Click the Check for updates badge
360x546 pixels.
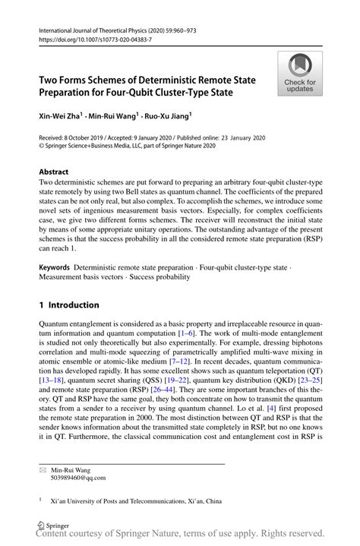click(300, 74)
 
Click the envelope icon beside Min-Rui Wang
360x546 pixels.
click(43, 470)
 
